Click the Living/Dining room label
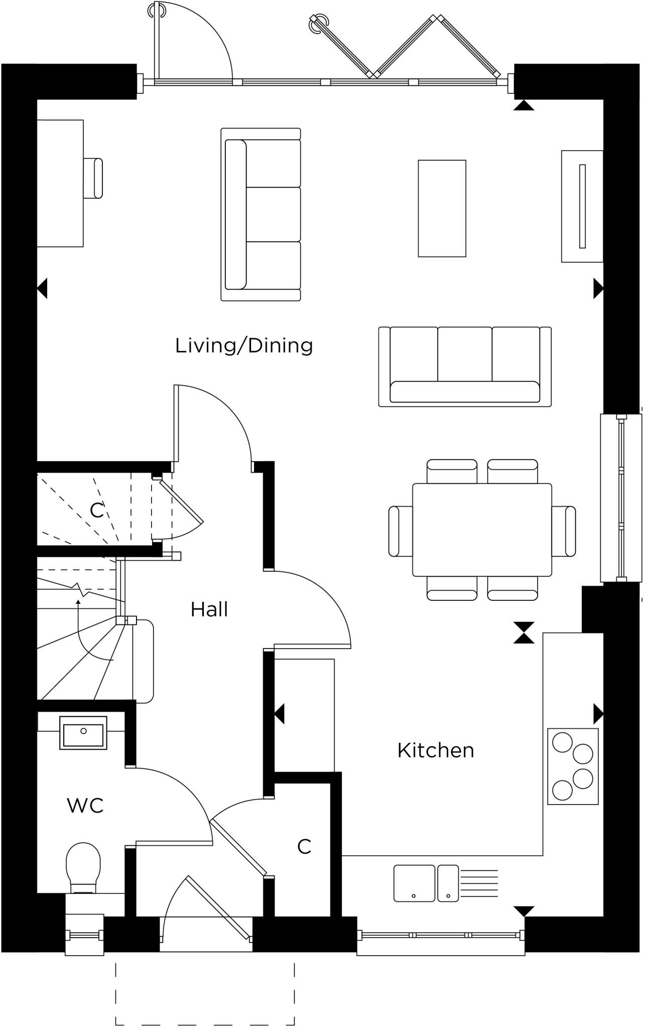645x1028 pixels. (244, 346)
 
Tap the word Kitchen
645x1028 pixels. (435, 750)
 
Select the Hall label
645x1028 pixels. (209, 609)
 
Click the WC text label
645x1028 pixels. (85, 806)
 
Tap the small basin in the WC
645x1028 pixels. (83, 733)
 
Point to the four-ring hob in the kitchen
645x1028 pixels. (573, 766)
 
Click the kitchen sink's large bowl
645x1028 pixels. (414, 883)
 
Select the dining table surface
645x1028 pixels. (482, 530)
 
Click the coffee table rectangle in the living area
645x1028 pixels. (442, 208)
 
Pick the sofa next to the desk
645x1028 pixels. (261, 214)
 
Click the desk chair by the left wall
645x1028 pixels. (93, 178)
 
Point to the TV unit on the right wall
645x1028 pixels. (582, 206)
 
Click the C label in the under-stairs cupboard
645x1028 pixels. (96, 510)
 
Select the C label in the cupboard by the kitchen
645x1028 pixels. (304, 847)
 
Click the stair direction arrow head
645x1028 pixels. (78, 601)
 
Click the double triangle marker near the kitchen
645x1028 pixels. (524, 632)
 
